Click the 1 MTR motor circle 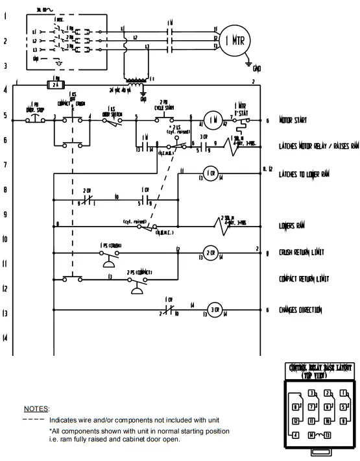pyautogui.click(x=235, y=40)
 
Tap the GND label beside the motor pyautogui.click(x=258, y=68)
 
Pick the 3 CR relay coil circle pyautogui.click(x=215, y=309)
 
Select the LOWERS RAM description pyautogui.click(x=292, y=225)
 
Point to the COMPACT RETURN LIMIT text pyautogui.click(x=304, y=279)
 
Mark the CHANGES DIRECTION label pyautogui.click(x=300, y=310)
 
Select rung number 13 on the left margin pyautogui.click(x=6, y=314)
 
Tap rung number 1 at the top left pyautogui.click(x=6, y=15)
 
